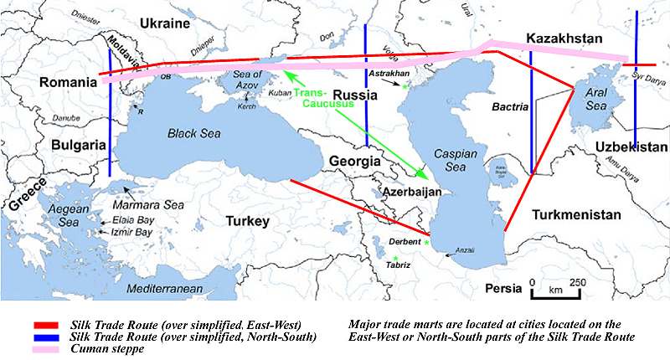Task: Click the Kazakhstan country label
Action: tap(564, 39)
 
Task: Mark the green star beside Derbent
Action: tap(426, 242)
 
